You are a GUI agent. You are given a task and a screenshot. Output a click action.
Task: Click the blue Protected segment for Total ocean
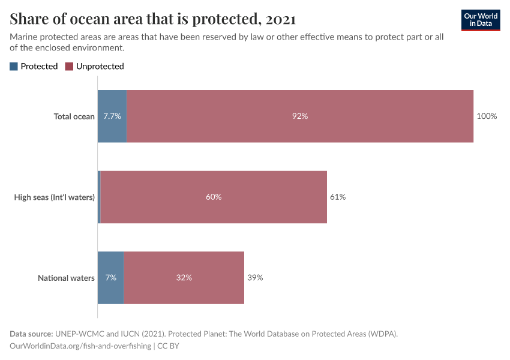[112, 116]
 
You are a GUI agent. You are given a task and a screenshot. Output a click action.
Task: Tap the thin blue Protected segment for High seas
[99, 197]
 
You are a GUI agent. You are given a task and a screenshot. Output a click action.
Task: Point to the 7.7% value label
[112, 116]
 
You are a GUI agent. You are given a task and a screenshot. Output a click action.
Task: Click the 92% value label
[300, 116]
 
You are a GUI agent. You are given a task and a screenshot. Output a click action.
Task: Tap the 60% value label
[214, 197]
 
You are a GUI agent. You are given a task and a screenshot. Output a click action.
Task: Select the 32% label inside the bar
[184, 278]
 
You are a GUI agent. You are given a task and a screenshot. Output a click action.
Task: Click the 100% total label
[487, 116]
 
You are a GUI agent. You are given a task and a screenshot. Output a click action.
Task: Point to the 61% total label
[338, 197]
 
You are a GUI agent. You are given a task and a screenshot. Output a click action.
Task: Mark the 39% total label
[255, 278]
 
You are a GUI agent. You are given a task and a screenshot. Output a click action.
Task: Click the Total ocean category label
[74, 116]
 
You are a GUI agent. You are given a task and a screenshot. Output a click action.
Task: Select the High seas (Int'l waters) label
[55, 197]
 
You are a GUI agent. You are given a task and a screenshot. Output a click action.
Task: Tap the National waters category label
[66, 278]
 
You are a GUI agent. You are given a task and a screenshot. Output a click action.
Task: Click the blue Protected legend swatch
[14, 67]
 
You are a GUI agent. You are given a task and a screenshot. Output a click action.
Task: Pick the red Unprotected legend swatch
[69, 67]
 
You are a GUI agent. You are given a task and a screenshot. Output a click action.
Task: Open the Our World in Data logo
[481, 20]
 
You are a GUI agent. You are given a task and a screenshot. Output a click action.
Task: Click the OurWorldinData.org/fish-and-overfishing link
[80, 346]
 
